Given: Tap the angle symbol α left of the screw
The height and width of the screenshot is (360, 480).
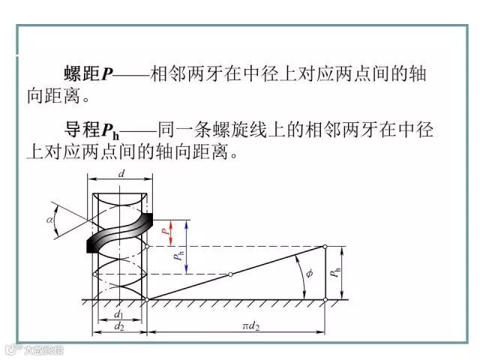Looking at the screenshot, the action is click(x=49, y=221).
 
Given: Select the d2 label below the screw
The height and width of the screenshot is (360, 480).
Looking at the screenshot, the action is click(x=118, y=326).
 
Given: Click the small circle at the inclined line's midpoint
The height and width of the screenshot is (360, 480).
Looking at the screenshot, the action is click(x=230, y=274).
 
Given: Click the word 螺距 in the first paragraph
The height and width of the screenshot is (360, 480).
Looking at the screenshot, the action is click(x=82, y=73).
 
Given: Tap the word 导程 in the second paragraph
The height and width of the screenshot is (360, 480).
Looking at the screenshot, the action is click(x=82, y=129).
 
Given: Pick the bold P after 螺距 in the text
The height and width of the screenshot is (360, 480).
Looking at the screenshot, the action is click(x=107, y=73).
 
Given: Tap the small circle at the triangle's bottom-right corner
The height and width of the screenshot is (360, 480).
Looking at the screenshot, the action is click(x=325, y=299).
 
